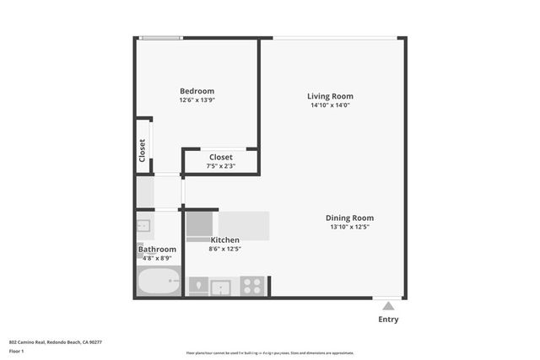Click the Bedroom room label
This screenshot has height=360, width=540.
197,91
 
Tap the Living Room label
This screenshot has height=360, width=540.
330,96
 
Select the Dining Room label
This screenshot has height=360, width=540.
349,218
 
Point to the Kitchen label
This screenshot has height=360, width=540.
224,240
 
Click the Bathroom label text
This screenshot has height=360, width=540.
157,250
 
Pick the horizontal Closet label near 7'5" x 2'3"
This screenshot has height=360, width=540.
220,157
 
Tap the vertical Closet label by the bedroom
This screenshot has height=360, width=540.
143,150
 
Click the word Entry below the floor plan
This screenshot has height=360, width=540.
388,320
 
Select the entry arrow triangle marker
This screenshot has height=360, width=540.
388,306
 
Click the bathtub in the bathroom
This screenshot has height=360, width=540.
159,281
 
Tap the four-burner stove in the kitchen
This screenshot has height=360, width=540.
252,287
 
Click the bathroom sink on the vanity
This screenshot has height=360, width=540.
143,225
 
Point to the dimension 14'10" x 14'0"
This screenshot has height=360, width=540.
330,105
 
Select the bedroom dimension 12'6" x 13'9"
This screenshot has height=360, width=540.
197,100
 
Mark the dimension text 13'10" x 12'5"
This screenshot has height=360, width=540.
349,227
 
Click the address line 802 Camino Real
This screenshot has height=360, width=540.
55,342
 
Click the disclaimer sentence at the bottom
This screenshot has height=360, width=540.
269,353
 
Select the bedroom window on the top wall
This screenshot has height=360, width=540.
160,37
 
